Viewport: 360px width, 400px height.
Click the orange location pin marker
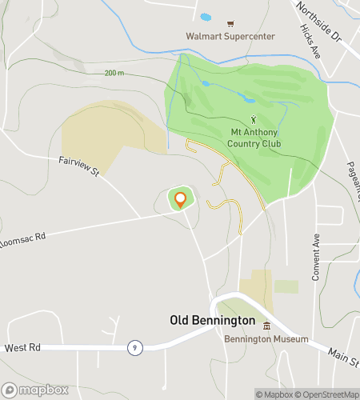[x=181, y=199]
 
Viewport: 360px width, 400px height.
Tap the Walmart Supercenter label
[x=230, y=36]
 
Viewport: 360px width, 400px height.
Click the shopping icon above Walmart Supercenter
[x=230, y=23]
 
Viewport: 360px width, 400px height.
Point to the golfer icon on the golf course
[x=254, y=120]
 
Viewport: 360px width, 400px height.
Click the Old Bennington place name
[x=213, y=320]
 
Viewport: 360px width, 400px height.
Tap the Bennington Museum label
[x=266, y=339]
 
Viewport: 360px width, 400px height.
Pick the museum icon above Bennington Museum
[x=266, y=326]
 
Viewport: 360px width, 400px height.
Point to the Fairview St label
[x=78, y=166]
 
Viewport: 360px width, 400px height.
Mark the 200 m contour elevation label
[x=114, y=73]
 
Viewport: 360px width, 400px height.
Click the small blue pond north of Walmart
[x=205, y=17]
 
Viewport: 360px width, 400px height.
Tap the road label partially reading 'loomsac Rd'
[x=23, y=242]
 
